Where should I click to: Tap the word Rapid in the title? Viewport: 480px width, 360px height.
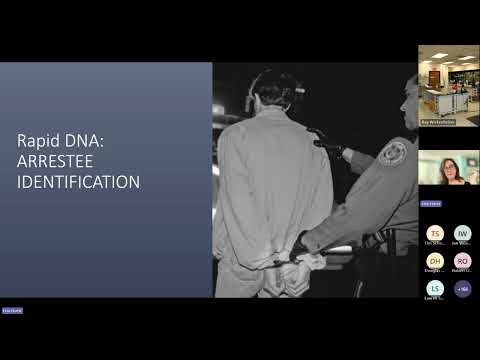(x=44, y=142)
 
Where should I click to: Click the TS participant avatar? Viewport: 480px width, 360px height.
(x=435, y=233)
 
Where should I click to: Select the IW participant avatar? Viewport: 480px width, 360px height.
(x=462, y=233)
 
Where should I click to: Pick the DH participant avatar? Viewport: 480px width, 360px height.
(x=435, y=261)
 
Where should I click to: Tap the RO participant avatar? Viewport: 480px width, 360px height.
(x=462, y=261)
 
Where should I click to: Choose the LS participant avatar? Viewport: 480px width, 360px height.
(x=435, y=288)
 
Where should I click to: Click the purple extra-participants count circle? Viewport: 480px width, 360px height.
(x=462, y=288)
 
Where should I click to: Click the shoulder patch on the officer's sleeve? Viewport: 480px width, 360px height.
(x=393, y=152)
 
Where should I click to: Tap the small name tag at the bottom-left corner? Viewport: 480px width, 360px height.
(x=12, y=311)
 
